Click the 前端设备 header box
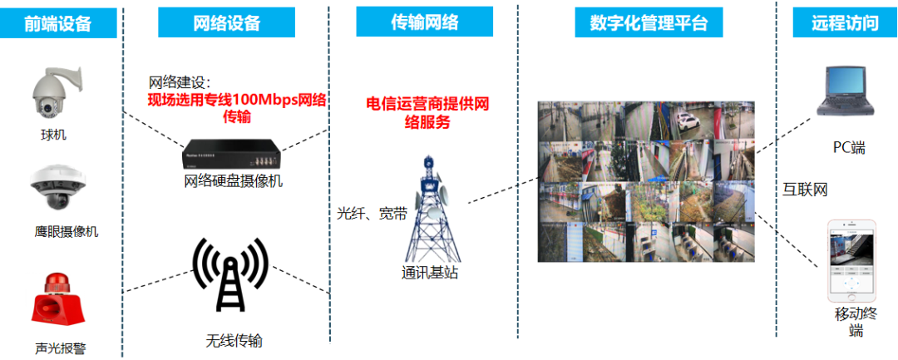[x=57, y=24]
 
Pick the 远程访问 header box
[x=844, y=22]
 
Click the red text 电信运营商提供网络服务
[x=427, y=112]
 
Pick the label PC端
[x=849, y=148]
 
